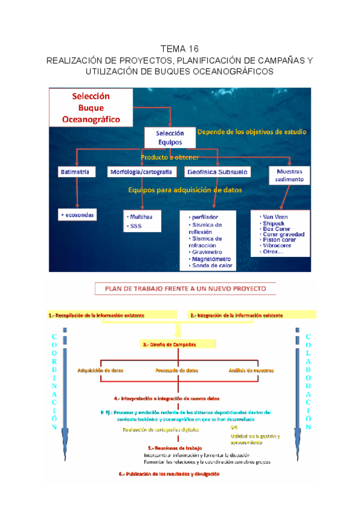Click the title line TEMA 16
tap(179, 49)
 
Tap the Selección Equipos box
tap(170, 137)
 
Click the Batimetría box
tap(76, 172)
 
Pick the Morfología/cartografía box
tap(142, 172)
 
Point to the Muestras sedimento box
tap(289, 175)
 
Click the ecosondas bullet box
tap(77, 214)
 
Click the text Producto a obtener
tap(161, 157)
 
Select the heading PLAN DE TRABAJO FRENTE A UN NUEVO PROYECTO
tap(185, 289)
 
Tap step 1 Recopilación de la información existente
tap(97, 315)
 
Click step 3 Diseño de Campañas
tap(169, 345)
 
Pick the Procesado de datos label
tap(176, 370)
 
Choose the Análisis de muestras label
tap(251, 370)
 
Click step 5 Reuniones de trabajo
tap(175, 448)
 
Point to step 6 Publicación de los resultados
tap(169, 474)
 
